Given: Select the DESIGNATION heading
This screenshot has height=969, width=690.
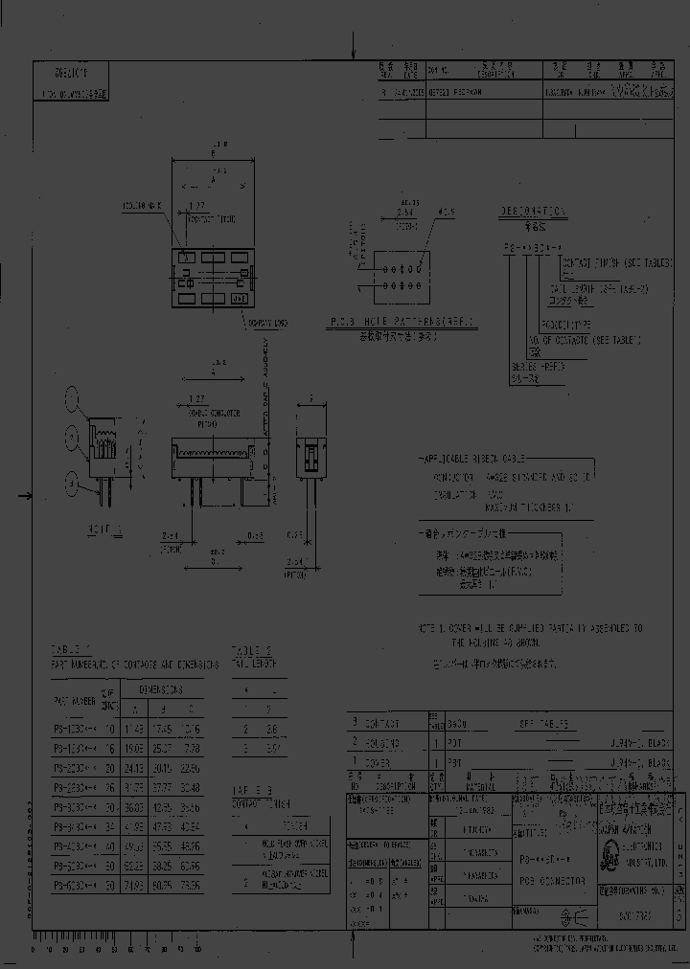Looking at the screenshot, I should point(532,210).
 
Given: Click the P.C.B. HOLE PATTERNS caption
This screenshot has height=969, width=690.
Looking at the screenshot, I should point(402,321).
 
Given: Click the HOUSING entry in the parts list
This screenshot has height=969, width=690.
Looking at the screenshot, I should point(382,742).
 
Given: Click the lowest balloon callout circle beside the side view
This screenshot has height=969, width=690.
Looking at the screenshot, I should point(69,482).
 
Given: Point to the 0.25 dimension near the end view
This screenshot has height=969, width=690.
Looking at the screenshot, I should point(299,534).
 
